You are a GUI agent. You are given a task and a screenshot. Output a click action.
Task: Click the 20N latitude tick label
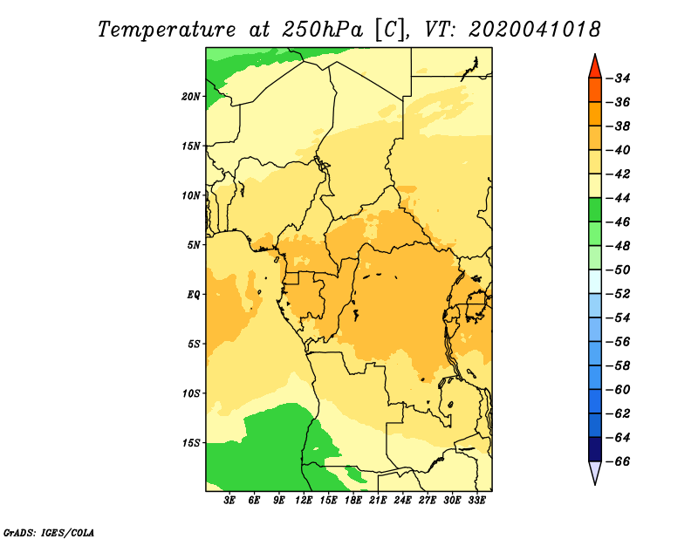pos(190,97)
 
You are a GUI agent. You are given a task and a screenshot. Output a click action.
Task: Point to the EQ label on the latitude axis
pos(194,295)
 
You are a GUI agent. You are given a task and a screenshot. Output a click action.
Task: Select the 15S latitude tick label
pos(191,443)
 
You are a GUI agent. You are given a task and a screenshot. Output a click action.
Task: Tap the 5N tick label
pos(194,245)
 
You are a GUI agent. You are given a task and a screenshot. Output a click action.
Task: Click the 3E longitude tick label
pos(229,501)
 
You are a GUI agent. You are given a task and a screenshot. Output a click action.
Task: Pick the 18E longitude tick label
pos(353,501)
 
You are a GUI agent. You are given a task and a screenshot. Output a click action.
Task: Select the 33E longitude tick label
pos(476,501)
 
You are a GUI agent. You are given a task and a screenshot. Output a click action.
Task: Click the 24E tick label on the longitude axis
pos(402,501)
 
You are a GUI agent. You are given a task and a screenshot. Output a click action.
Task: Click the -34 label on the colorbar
pos(619,78)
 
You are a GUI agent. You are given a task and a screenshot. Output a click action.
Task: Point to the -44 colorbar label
pos(619,198)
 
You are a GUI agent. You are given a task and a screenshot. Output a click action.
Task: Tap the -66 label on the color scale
pos(619,461)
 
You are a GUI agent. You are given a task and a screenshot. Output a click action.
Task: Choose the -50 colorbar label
pos(619,269)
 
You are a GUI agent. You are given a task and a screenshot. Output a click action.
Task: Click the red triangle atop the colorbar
pos(595,68)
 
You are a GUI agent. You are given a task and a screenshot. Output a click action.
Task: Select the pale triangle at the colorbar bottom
pos(595,471)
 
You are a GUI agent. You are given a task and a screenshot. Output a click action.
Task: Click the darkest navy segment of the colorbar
pos(595,449)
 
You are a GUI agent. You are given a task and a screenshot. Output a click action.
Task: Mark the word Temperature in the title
pos(167,31)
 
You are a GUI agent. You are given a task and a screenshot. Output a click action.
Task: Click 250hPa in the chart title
pos(323,30)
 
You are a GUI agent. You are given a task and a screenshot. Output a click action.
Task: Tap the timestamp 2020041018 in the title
pos(535,30)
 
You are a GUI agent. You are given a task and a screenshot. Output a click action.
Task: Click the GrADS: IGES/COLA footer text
pos(49,532)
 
